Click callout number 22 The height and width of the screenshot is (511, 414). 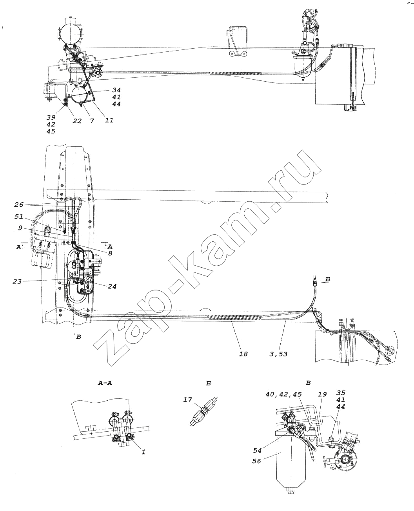pos(77,120)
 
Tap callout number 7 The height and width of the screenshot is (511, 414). pos(92,120)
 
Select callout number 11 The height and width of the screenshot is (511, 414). pos(109,120)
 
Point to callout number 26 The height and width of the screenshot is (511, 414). pos(19,204)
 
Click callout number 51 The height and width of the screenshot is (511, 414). pos(19,217)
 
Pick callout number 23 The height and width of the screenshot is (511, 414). pos(17,281)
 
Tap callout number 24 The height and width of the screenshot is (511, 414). pos(112,286)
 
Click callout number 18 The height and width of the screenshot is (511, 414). pos(243,354)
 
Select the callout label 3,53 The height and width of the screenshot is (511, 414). pos(278,354)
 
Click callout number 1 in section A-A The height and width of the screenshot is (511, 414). pos(143,452)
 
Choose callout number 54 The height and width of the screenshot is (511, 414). pos(257,450)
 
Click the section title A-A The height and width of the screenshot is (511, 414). pos(105,383)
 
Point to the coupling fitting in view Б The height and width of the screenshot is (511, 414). pos(204,411)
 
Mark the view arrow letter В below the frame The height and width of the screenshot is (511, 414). pos(78,337)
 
